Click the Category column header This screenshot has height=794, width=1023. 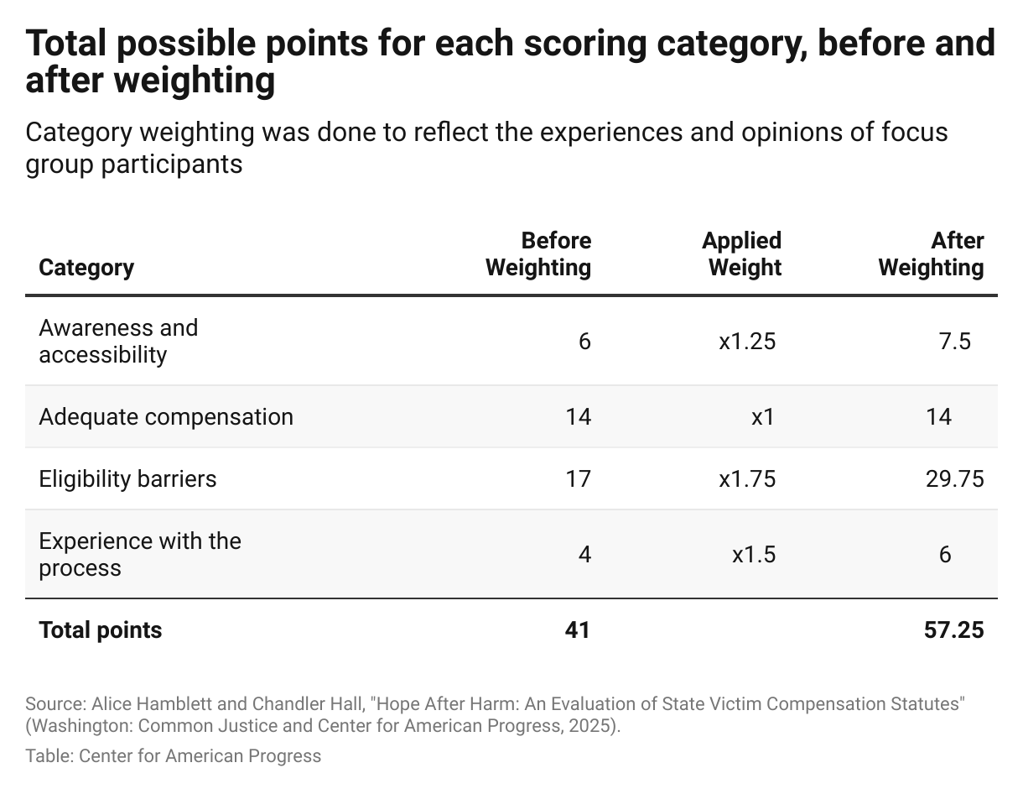[86, 268]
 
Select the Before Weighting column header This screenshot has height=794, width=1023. [538, 254]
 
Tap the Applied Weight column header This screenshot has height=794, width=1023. [741, 254]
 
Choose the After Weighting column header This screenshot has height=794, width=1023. [931, 254]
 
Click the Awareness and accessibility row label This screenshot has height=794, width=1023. [118, 341]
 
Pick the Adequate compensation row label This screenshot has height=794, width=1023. [166, 417]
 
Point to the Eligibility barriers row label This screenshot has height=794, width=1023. [127, 479]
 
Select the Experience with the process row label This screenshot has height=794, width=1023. [140, 554]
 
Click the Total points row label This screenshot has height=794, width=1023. [101, 630]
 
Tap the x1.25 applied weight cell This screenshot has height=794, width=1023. [747, 342]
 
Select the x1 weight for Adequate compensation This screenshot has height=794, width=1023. [762, 417]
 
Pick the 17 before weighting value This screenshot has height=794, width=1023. [578, 479]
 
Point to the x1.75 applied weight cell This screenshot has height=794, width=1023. [747, 479]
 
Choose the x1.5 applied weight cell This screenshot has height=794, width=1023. [753, 555]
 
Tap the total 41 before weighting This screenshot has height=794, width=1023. [577, 630]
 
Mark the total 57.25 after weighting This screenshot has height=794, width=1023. [948, 630]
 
